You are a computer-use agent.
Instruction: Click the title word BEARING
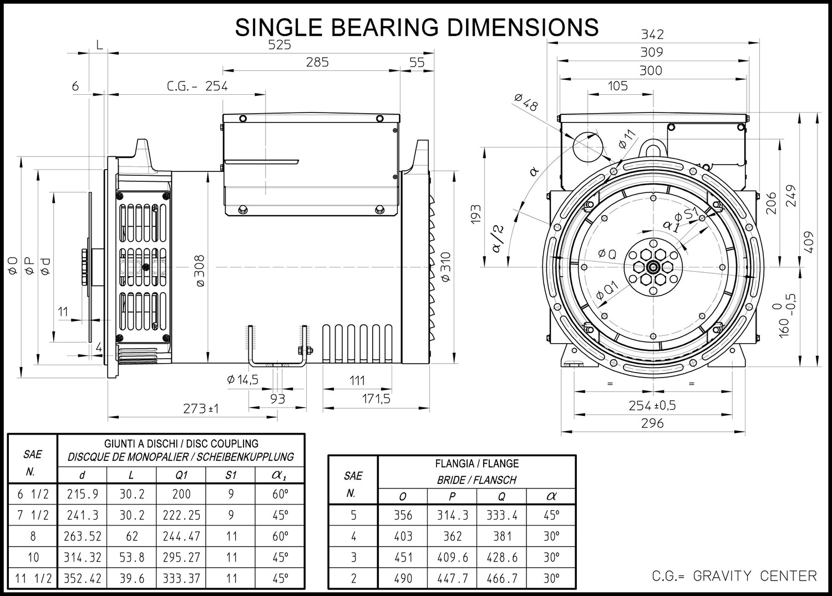pyautogui.click(x=384, y=27)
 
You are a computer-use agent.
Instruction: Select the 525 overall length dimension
pyautogui.click(x=280, y=45)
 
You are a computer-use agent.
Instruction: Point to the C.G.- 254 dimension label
pyautogui.click(x=197, y=86)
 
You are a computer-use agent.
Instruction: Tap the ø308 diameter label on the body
pyautogui.click(x=200, y=271)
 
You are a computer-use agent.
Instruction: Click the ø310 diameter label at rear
pyautogui.click(x=446, y=267)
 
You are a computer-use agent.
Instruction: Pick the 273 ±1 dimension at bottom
pyautogui.click(x=201, y=409)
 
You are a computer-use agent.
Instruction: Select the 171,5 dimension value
pyautogui.click(x=376, y=399)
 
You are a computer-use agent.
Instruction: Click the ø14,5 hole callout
pyautogui.click(x=242, y=380)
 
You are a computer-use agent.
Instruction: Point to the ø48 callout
pyautogui.click(x=526, y=103)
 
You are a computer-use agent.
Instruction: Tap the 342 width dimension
pyautogui.click(x=652, y=34)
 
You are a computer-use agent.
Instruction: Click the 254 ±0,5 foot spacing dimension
pyautogui.click(x=652, y=405)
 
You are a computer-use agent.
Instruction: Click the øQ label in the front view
pyautogui.click(x=607, y=254)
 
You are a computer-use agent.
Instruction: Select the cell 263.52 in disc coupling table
pyautogui.click(x=83, y=536)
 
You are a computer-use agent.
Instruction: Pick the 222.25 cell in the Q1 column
pyautogui.click(x=181, y=515)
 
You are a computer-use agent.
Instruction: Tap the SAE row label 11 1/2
pyautogui.click(x=33, y=578)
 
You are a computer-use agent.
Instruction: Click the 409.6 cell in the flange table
pyautogui.click(x=453, y=557)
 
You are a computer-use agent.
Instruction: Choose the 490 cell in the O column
pyautogui.click(x=403, y=578)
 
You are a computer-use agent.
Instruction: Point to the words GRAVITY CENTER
pyautogui.click(x=755, y=576)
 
